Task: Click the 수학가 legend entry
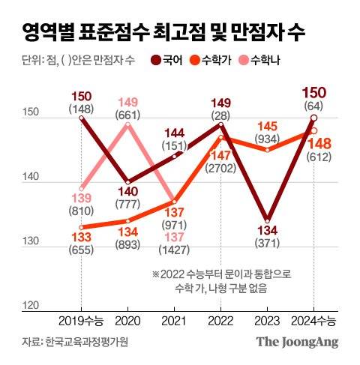click(x=218, y=60)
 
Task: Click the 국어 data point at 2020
click(x=127, y=182)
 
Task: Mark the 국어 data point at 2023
click(x=267, y=220)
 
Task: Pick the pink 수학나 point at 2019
click(x=82, y=188)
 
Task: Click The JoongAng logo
click(x=298, y=343)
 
